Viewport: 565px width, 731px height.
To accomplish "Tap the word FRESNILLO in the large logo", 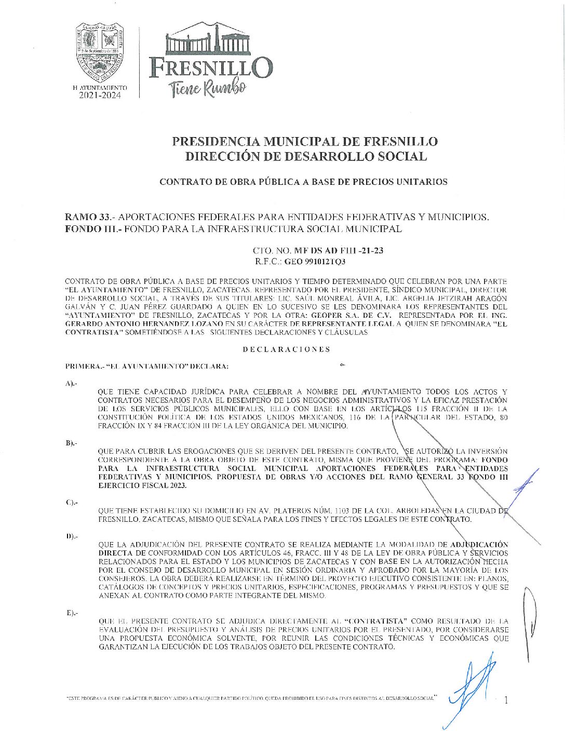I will (x=210, y=68).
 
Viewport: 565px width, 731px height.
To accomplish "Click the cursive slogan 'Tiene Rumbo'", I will (x=207, y=88).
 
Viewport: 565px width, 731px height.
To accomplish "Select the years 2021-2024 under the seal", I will (x=100, y=96).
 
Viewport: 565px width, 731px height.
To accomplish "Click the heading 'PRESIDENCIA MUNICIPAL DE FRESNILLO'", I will (x=305, y=141).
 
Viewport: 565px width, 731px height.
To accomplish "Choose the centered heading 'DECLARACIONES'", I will (x=286, y=349).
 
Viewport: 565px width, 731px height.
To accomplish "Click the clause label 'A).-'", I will (x=71, y=383).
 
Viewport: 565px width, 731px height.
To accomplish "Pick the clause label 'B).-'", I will (x=71, y=443).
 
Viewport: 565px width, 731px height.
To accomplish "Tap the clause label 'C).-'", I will (x=71, y=502).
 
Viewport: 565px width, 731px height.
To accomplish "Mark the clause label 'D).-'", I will (x=71, y=536).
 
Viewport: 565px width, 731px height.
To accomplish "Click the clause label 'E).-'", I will (x=71, y=613).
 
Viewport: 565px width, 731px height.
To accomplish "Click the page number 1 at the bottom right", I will (x=506, y=700).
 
